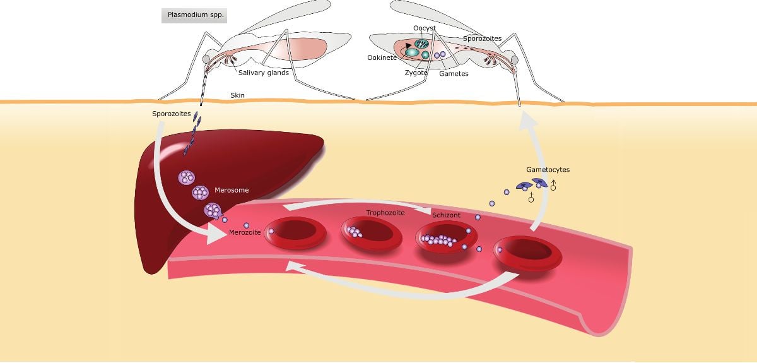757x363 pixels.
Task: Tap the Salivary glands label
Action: coord(263,73)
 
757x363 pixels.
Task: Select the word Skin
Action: coord(237,96)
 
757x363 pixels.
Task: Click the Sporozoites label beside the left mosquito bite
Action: coord(171,114)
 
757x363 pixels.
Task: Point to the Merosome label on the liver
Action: coord(232,190)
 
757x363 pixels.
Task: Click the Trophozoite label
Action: coord(385,213)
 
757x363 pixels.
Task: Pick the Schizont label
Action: coord(446,215)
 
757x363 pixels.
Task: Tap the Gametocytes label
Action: coord(548,170)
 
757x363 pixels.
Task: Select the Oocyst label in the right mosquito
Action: coord(424,28)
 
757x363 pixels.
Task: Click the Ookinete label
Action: coord(382,57)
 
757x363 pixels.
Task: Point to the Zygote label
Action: coord(416,73)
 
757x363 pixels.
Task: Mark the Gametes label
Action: coord(454,73)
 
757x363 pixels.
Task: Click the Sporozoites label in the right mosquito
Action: coord(482,39)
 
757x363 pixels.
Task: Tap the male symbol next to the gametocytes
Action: coord(553,186)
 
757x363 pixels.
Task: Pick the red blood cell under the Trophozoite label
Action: coord(371,233)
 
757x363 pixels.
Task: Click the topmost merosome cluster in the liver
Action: coord(187,177)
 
